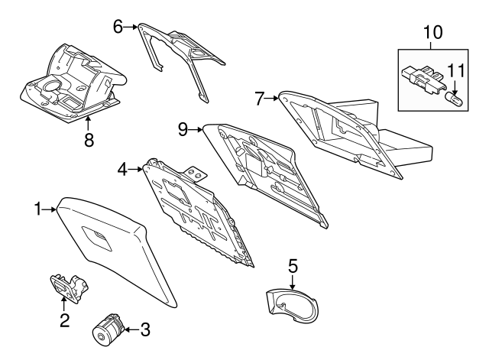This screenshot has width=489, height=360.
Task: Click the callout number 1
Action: [x=37, y=209]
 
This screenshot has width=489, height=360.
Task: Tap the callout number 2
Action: [x=64, y=320]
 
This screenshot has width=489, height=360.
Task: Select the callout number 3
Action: [x=145, y=329]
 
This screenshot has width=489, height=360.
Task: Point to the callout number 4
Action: [x=122, y=170]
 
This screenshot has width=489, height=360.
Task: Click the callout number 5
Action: [x=293, y=265]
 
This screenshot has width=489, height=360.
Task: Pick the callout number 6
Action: [x=118, y=27]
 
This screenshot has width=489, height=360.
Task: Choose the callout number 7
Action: [x=260, y=99]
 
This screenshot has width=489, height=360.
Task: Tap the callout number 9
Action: [x=183, y=129]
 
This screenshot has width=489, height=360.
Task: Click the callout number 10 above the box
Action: [x=432, y=32]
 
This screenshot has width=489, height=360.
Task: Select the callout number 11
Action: [x=456, y=71]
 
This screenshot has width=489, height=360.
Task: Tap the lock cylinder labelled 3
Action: [x=108, y=329]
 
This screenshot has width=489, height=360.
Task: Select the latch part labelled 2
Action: [x=69, y=287]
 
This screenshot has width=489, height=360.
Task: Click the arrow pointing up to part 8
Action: [x=89, y=124]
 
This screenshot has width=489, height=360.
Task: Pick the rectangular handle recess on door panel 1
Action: [x=97, y=238]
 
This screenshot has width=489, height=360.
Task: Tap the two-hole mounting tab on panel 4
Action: [x=196, y=174]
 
